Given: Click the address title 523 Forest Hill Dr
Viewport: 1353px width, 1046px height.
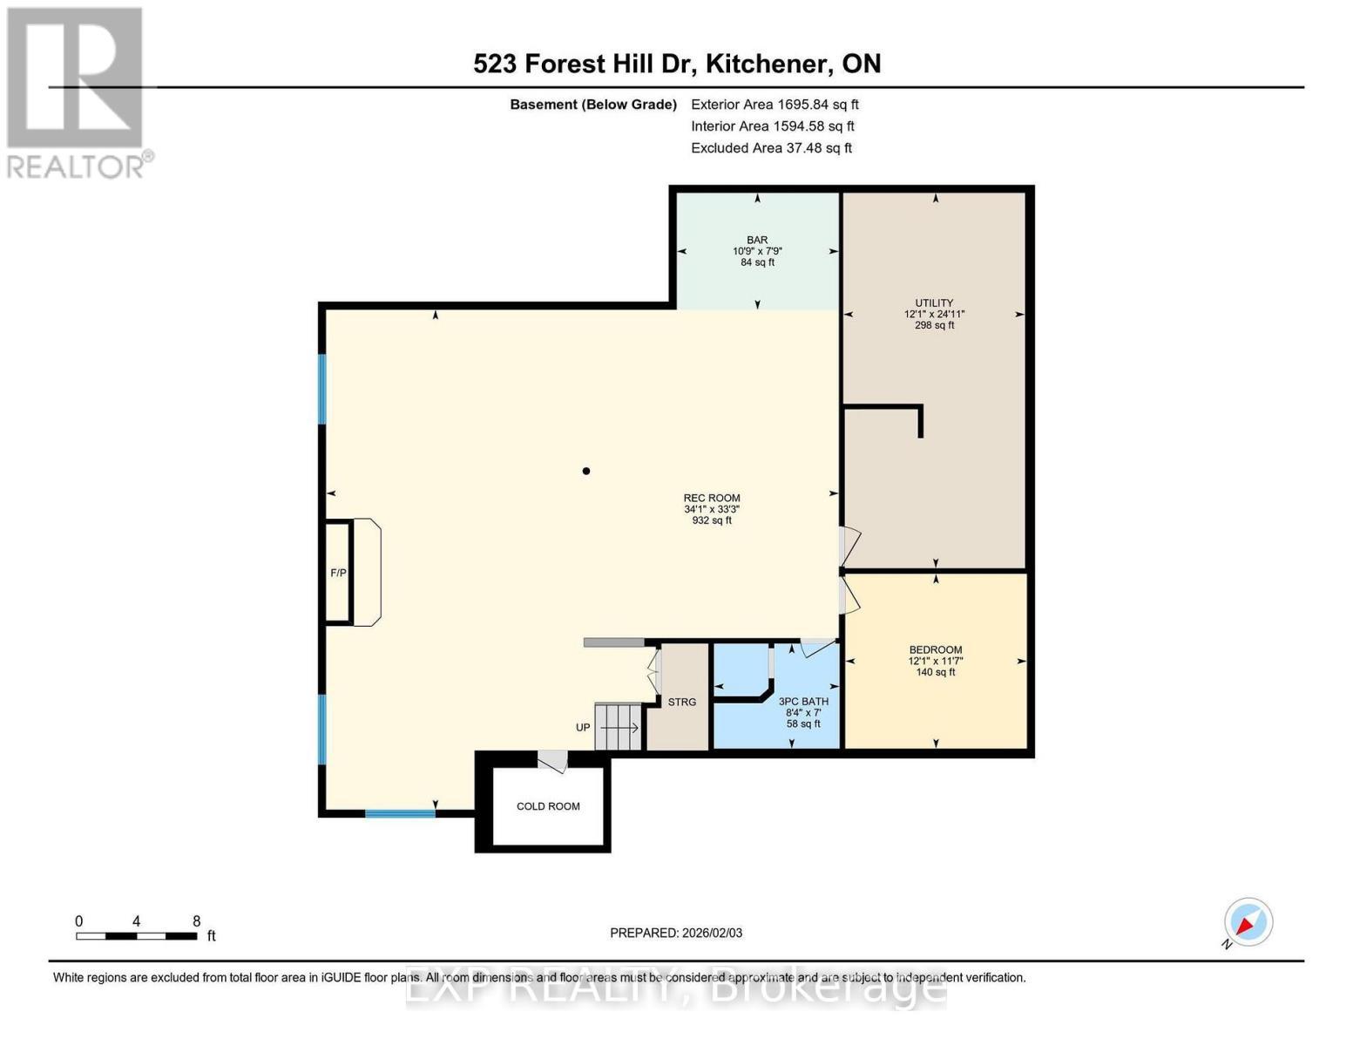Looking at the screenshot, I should [x=677, y=64].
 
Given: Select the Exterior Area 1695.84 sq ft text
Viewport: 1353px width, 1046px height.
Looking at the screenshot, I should [x=775, y=105].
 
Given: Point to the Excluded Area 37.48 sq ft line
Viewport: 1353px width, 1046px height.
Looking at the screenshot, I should [x=771, y=148].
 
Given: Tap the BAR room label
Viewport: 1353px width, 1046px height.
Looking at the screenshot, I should [x=757, y=241].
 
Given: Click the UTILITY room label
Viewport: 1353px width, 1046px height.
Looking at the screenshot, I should [x=934, y=303].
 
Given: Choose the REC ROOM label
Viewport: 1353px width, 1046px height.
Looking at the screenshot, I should [x=712, y=499].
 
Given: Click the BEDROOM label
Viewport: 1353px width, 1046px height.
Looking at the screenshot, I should [x=936, y=650].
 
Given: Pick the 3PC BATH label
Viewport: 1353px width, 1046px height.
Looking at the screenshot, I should [x=803, y=702].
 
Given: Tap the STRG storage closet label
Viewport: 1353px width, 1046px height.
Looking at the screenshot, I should [x=682, y=703].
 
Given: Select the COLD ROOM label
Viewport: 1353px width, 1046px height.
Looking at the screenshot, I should [x=548, y=806].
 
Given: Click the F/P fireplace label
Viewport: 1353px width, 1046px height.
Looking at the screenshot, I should [x=338, y=573].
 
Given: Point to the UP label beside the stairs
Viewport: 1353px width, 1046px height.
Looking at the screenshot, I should [x=583, y=728].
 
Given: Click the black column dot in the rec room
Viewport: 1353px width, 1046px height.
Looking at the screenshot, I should [x=586, y=472].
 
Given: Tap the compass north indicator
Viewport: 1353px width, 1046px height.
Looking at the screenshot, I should [x=1248, y=923].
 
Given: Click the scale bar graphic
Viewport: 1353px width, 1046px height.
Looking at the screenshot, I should [x=136, y=936].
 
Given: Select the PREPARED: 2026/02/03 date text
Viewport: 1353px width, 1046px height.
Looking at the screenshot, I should [x=676, y=933].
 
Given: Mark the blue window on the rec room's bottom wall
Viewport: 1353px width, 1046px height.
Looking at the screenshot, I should [x=400, y=813].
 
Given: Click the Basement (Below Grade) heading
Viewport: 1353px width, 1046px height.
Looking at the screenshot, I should [x=593, y=105].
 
